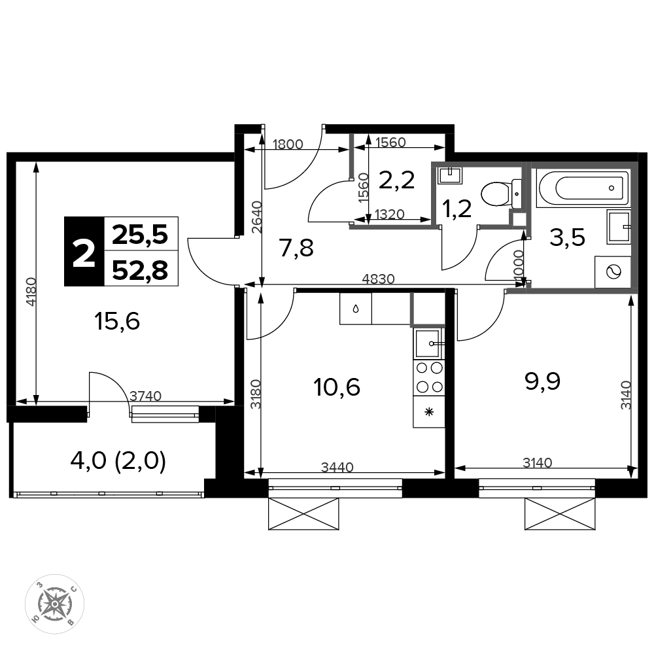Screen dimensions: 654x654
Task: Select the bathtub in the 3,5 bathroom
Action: [x=583, y=188]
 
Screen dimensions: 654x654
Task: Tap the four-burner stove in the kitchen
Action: [x=429, y=378]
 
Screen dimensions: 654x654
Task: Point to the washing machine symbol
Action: [x=612, y=272]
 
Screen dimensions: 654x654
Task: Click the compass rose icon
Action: [x=55, y=603]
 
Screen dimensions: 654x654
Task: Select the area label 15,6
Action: [x=117, y=322]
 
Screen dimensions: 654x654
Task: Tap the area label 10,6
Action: [x=337, y=387]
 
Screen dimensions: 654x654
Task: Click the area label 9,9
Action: [x=542, y=381]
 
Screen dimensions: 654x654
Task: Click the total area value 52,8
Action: [x=140, y=270]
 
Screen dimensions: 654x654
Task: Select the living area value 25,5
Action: [x=140, y=234]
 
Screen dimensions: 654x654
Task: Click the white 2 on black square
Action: [x=84, y=252]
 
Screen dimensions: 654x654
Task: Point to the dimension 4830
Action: [x=378, y=279]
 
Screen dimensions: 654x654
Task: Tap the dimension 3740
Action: [x=145, y=396]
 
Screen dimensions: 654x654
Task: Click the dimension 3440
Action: [x=337, y=467]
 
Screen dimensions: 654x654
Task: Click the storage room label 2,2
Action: [x=396, y=181]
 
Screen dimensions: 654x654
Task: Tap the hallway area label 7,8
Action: [x=296, y=249]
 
